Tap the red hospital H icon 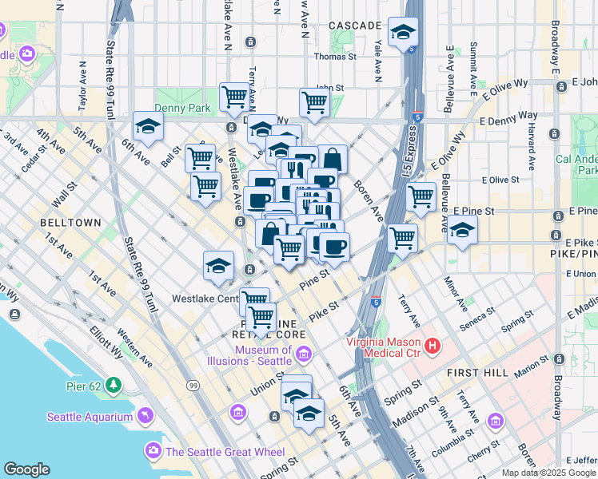point(433,346)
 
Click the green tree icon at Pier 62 point(114,386)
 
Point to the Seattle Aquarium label point(89,416)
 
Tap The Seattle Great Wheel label point(225,452)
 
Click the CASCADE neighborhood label point(355,26)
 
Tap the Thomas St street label point(335,57)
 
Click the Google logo point(26,469)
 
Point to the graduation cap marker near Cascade point(403,33)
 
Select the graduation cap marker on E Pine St point(463,231)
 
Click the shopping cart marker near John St point(315,102)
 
